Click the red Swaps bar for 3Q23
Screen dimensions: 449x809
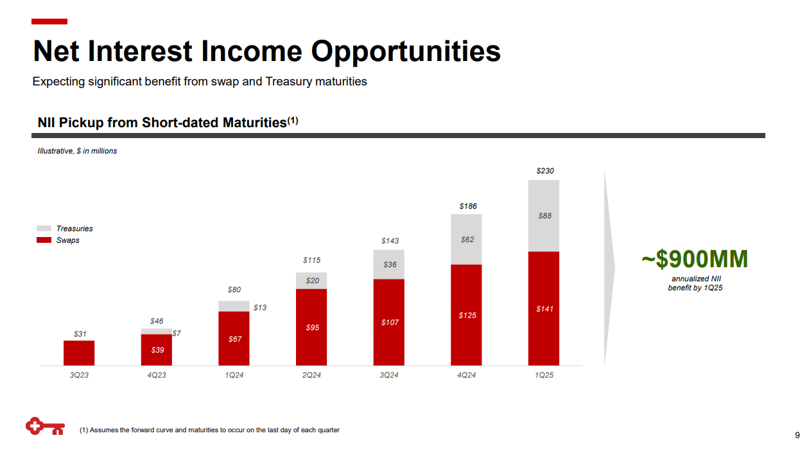click(x=79, y=353)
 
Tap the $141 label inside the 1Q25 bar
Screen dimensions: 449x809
click(x=544, y=309)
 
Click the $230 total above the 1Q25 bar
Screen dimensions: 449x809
click(x=544, y=171)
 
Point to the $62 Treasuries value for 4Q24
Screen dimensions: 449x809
click(x=467, y=240)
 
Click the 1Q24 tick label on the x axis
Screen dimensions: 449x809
click(x=234, y=375)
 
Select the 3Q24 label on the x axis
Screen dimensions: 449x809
click(x=389, y=375)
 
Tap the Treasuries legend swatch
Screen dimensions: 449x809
click(x=44, y=229)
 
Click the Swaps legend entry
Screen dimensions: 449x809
click(x=67, y=240)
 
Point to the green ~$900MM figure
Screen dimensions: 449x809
click(x=695, y=259)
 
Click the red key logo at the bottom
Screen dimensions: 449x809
click(x=44, y=427)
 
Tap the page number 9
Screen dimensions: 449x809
click(x=797, y=434)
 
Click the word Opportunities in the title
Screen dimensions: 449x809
click(x=406, y=51)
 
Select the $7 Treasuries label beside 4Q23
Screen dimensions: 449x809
click(x=177, y=333)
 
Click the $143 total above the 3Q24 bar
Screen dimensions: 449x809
click(x=389, y=241)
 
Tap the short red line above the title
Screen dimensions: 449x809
click(x=49, y=22)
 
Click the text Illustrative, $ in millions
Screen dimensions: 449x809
click(x=77, y=151)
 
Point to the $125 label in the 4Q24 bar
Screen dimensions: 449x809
click(x=467, y=315)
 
